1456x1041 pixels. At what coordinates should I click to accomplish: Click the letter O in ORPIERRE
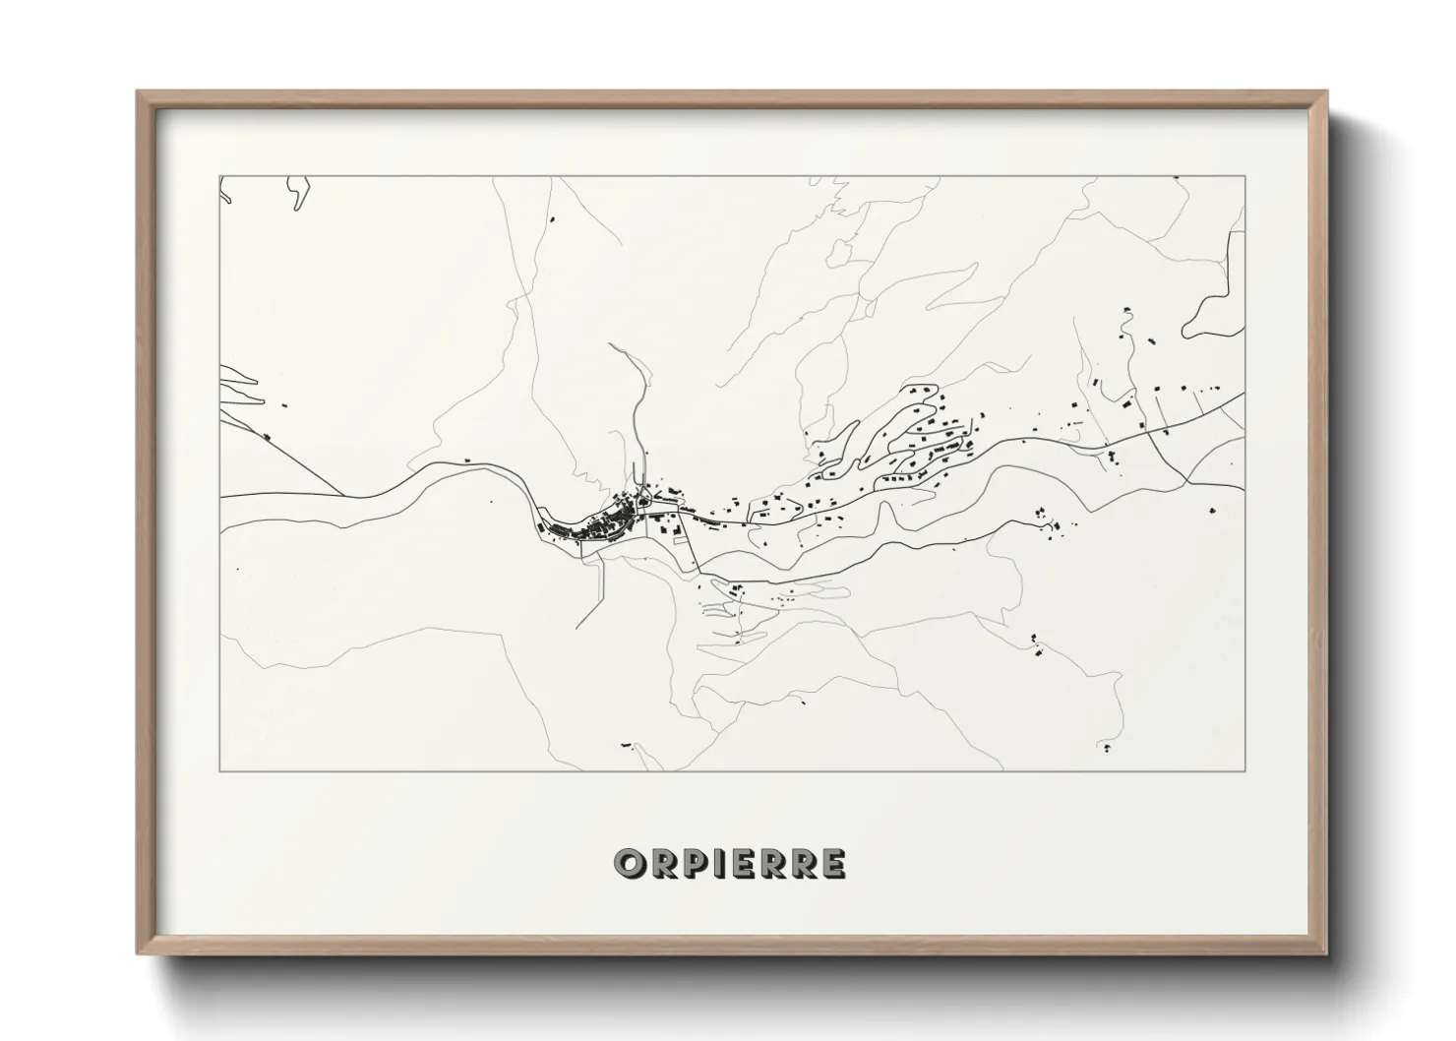tap(628, 864)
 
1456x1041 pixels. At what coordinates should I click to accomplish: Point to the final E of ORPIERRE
tap(832, 864)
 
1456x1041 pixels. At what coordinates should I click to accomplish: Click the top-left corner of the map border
tap(219, 176)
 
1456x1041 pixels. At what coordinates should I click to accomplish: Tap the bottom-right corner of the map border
tap(1245, 770)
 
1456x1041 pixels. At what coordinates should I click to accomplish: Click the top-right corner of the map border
tap(1245, 176)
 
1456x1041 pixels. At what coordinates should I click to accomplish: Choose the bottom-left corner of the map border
tap(219, 770)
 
